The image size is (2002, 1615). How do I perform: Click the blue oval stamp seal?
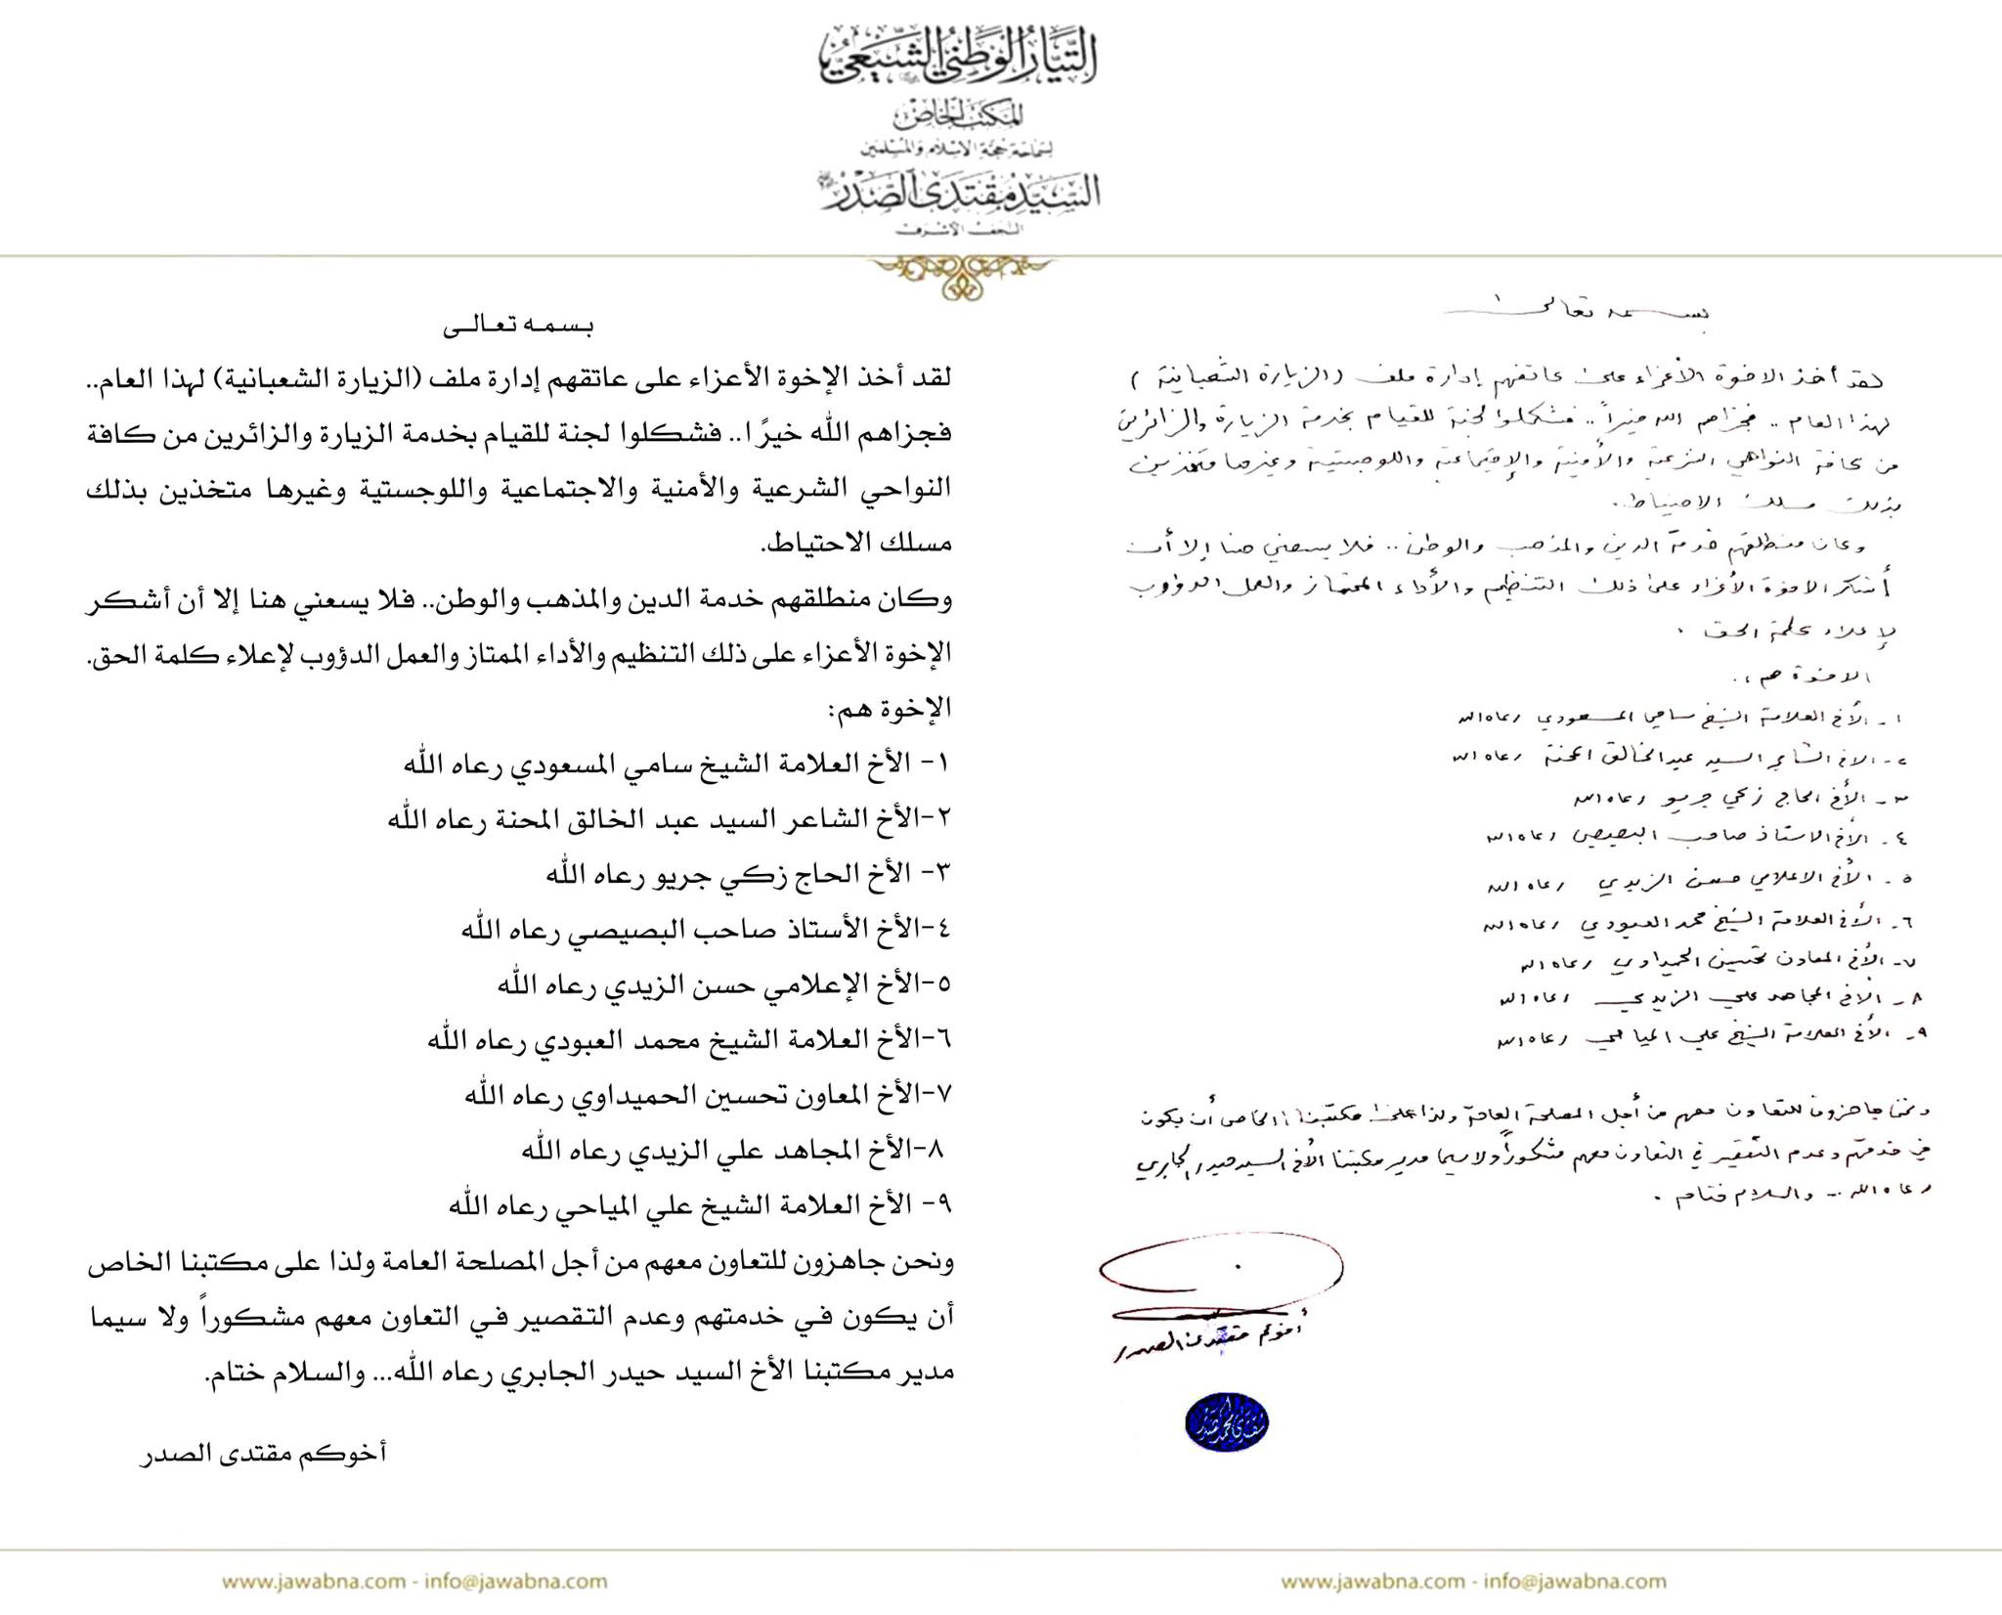pos(1226,1421)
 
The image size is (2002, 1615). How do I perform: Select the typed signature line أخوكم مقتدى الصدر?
pos(265,1453)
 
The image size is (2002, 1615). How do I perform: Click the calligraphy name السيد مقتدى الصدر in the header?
pos(960,192)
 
